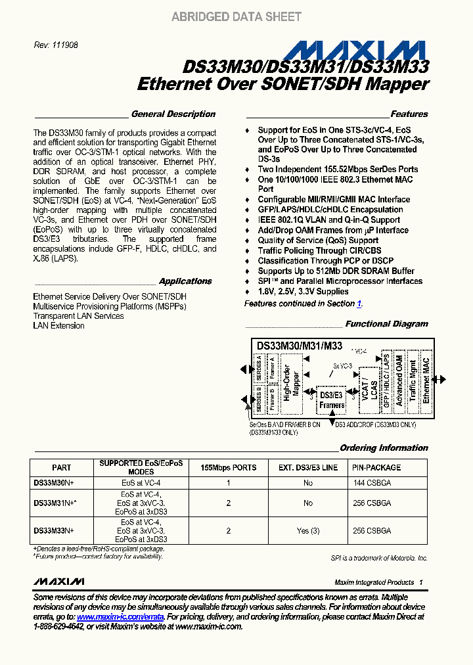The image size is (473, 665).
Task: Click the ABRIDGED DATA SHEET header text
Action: point(236,17)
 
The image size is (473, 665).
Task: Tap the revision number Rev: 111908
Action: point(56,45)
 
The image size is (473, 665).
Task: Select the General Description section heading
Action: point(173,114)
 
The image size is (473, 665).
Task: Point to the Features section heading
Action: point(409,114)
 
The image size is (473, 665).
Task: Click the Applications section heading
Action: point(185,281)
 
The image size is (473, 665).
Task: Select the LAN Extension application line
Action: point(58,326)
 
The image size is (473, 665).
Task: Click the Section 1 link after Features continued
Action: point(359,304)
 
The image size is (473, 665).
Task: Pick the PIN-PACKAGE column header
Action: point(376,468)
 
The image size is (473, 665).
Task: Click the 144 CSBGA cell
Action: point(372,482)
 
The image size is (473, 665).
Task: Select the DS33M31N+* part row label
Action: point(55,503)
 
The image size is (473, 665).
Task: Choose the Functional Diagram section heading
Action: point(386,324)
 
